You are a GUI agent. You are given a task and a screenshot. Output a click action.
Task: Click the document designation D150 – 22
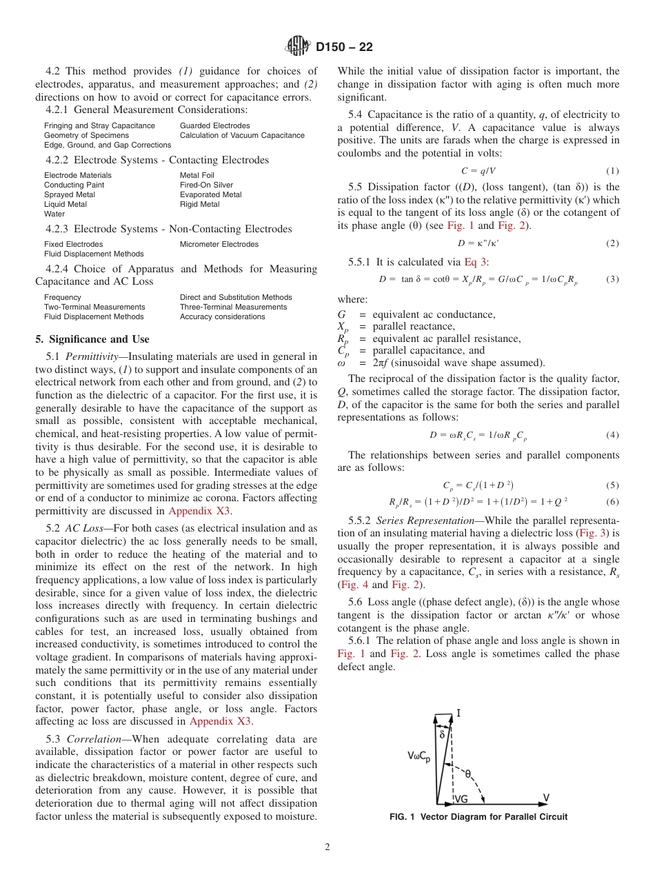click(344, 47)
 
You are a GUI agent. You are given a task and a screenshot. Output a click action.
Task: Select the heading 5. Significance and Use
click(92, 339)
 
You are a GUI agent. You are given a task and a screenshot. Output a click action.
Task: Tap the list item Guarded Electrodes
click(214, 125)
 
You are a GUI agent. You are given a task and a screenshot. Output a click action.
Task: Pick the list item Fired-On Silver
click(206, 185)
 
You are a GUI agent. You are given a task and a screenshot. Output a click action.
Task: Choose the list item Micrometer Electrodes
click(219, 244)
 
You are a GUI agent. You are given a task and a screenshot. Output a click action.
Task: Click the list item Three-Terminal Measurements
click(233, 307)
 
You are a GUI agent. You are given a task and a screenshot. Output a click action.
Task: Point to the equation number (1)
click(612, 170)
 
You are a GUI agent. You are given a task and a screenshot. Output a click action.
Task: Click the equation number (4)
click(612, 435)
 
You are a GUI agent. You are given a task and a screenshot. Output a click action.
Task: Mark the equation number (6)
click(612, 501)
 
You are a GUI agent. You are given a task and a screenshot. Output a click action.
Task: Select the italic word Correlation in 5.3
click(94, 738)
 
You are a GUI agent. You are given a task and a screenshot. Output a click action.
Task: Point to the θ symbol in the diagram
click(469, 774)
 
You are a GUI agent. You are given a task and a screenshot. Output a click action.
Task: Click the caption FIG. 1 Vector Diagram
click(478, 817)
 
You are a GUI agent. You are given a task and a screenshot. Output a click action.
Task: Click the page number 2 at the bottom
click(327, 847)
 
